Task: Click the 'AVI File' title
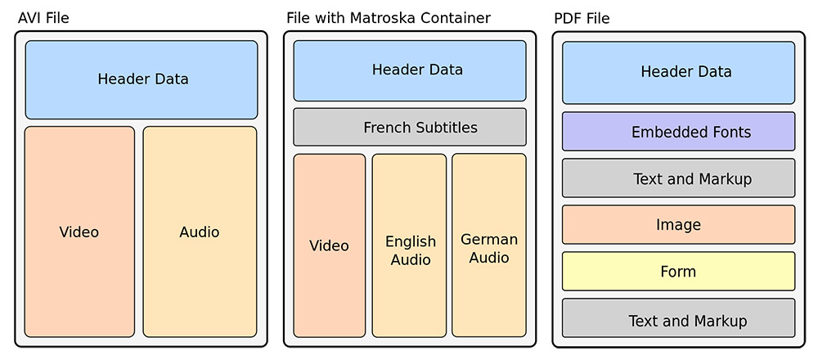click(43, 19)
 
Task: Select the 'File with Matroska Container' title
click(389, 18)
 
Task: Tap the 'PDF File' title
click(582, 19)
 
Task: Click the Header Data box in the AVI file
click(142, 80)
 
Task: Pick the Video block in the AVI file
click(79, 232)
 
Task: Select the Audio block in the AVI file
click(200, 232)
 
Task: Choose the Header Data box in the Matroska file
click(410, 70)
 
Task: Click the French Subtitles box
click(410, 127)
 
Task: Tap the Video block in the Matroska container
click(329, 245)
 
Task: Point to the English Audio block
click(410, 245)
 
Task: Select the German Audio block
click(489, 245)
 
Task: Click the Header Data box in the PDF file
click(679, 73)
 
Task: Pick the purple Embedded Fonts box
click(679, 132)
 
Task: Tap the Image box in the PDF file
click(679, 224)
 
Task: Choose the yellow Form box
click(679, 272)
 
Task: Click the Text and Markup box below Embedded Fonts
click(679, 178)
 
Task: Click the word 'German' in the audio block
click(489, 240)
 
